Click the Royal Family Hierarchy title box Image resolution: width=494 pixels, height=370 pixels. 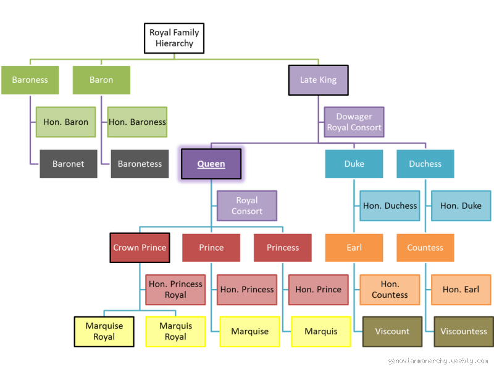(175, 38)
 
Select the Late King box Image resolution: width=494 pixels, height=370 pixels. (317, 80)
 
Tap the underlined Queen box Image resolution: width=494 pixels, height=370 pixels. (211, 164)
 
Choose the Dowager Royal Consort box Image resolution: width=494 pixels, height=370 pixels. (354, 122)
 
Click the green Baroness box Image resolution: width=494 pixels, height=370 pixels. (30, 80)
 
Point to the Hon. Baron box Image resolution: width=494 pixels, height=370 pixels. (65, 122)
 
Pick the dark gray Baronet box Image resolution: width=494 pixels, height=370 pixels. (69, 164)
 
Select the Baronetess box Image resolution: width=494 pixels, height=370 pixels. (140, 164)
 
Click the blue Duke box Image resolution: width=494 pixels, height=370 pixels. (354, 164)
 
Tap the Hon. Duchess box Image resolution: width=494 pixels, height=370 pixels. (390, 206)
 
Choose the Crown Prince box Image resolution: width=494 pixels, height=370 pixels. (140, 248)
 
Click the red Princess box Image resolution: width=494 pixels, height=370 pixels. (282, 248)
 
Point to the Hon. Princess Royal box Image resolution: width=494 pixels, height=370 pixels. (175, 289)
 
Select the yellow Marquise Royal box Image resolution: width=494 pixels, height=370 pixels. (104, 331)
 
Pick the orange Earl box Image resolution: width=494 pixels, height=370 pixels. (354, 248)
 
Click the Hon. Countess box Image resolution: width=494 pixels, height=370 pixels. (390, 289)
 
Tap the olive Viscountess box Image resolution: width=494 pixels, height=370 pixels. (463, 331)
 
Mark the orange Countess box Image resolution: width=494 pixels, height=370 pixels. (425, 248)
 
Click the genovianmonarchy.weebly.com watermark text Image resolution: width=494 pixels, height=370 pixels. (437, 360)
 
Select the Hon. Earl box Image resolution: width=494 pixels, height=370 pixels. (461, 289)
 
